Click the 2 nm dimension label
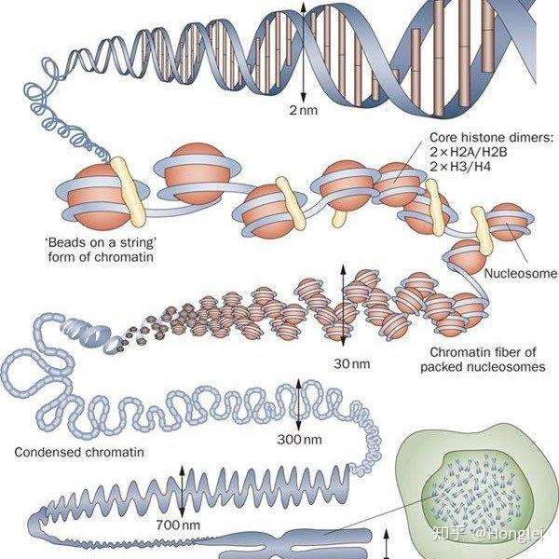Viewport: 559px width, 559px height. pos(303,110)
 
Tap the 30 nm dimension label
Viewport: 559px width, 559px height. pos(352,364)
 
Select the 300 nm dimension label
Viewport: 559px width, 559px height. pos(299,439)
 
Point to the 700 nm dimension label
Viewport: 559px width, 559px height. pos(178,525)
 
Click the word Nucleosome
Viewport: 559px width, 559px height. pos(521,273)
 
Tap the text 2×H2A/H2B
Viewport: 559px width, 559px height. pos(468,152)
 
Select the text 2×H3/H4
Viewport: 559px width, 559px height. pos(460,167)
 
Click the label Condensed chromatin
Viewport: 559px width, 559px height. pos(79,453)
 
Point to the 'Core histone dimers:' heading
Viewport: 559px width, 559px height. pos(492,138)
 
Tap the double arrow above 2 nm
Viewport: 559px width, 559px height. pos(303,51)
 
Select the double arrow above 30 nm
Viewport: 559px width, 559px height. pos(343,306)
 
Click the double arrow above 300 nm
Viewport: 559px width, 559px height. pos(299,405)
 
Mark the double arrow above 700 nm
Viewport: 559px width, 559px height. pos(183,491)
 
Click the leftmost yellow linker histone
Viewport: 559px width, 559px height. pos(128,192)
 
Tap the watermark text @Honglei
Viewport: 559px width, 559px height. pos(509,534)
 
